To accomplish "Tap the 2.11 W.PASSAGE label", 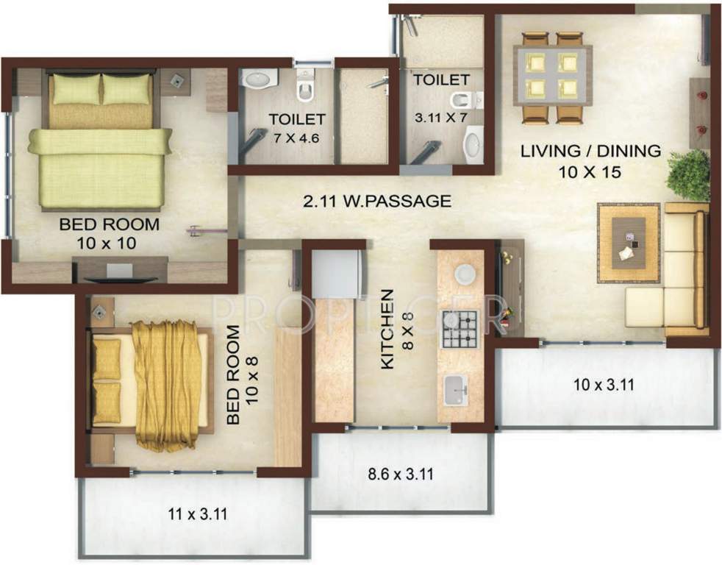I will (x=377, y=201).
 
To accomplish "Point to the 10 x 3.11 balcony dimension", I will (x=604, y=384).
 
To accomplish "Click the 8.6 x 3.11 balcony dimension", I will (x=399, y=474).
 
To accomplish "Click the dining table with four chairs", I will (x=556, y=77).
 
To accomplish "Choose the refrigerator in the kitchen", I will (x=336, y=273).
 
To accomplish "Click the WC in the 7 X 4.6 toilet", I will (x=305, y=88).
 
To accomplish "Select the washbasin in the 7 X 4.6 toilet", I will (x=258, y=77).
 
